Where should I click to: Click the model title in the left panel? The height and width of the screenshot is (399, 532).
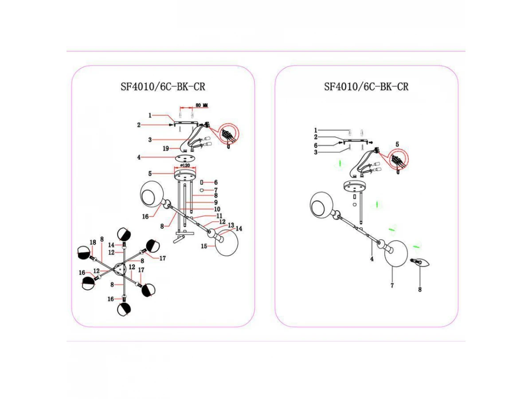(163, 87)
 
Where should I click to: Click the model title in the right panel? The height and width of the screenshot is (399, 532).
(366, 87)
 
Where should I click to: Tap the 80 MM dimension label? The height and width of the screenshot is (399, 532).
(202, 106)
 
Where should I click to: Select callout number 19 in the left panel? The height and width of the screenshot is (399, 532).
(165, 149)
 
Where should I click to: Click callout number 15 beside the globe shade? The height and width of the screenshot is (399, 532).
(205, 245)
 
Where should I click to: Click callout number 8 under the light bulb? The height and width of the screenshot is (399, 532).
(420, 289)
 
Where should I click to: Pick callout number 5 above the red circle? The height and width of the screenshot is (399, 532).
(397, 144)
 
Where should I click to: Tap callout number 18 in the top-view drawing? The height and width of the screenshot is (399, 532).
(93, 242)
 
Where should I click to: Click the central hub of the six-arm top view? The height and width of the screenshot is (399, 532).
(121, 269)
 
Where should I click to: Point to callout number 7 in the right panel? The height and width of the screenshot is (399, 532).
(392, 286)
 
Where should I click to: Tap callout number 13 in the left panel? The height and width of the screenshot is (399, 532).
(231, 226)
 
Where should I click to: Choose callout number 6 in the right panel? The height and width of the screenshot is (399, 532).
(316, 145)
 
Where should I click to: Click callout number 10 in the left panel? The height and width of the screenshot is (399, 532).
(218, 209)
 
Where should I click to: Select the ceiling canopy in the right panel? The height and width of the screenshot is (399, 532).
(353, 186)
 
